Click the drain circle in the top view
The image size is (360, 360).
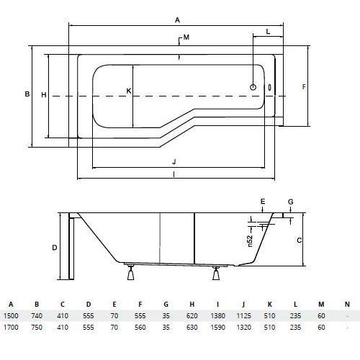(x=253, y=87)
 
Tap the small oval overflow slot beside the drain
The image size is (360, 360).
(x=270, y=87)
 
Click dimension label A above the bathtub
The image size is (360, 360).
(x=177, y=20)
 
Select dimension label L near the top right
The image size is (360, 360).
(x=268, y=32)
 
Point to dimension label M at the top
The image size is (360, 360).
(x=186, y=37)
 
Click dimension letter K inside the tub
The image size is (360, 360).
(x=129, y=91)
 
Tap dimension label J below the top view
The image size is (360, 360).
(x=174, y=161)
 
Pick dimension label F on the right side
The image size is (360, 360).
(x=304, y=87)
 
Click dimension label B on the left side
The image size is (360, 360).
(x=27, y=94)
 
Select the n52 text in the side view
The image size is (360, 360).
(x=250, y=241)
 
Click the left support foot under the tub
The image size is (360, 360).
(x=131, y=273)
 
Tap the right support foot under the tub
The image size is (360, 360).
(x=216, y=273)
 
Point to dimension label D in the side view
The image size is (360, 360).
(x=55, y=248)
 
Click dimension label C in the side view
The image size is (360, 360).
(x=300, y=240)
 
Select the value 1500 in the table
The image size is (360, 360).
(x=11, y=315)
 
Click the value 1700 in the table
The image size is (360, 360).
(x=11, y=327)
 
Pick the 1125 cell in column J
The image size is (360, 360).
(x=244, y=315)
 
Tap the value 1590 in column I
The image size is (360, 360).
(x=218, y=327)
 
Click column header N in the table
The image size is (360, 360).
(x=347, y=305)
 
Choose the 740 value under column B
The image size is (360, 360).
(x=37, y=315)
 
